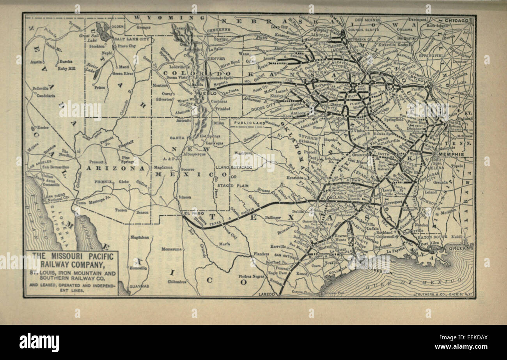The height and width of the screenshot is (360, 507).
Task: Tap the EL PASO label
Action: click(191, 213)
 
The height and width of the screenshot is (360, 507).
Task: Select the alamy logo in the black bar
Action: click(39, 342)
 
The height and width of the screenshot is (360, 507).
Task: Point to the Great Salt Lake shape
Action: click(103, 31)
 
